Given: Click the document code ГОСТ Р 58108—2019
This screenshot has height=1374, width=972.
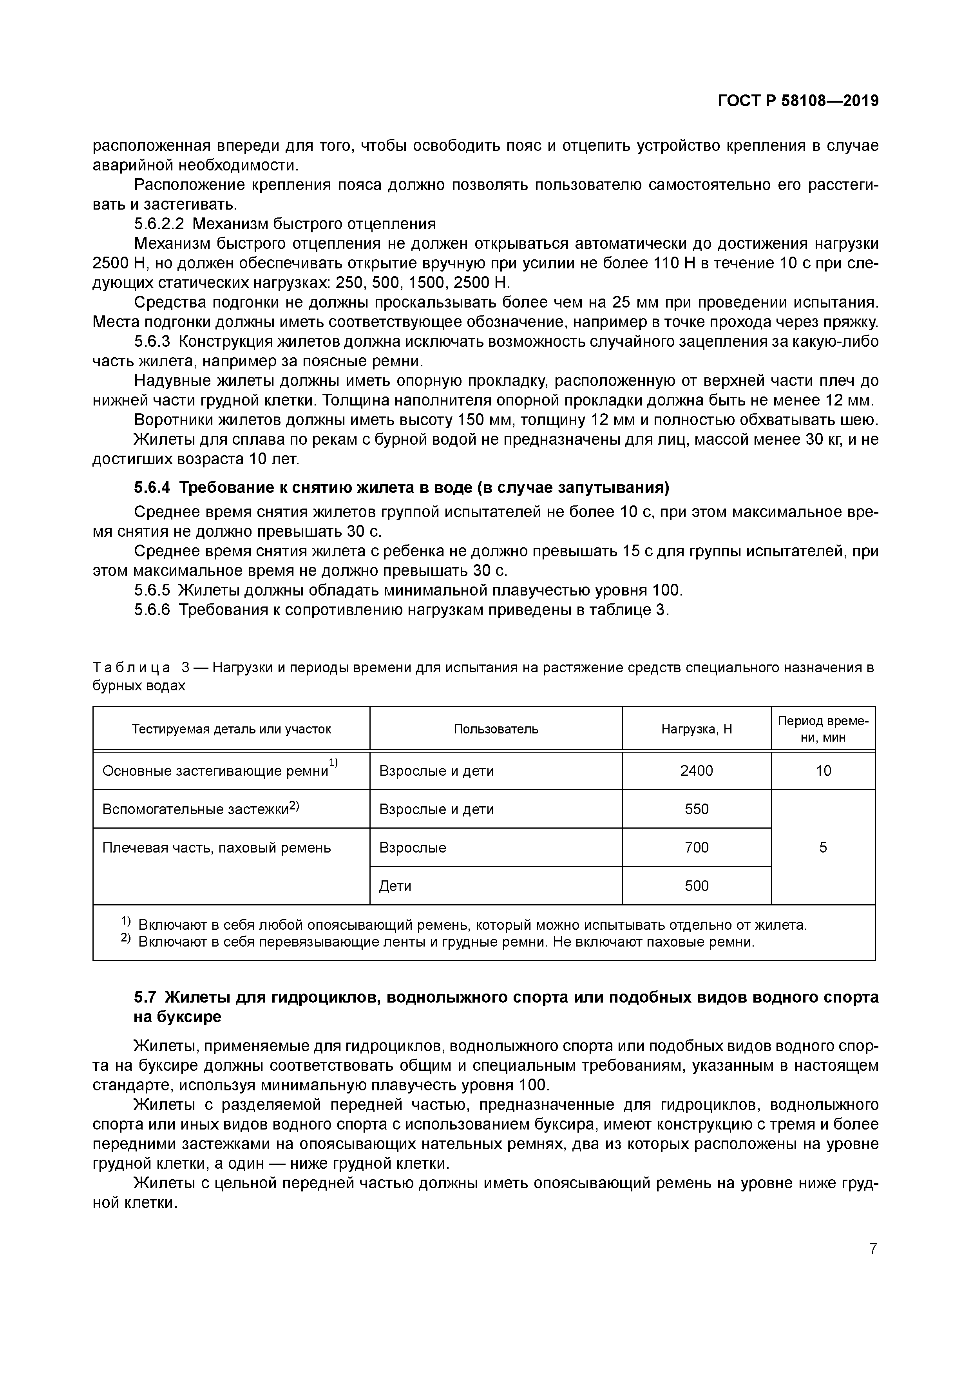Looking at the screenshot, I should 798,101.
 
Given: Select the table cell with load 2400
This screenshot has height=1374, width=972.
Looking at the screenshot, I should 696,771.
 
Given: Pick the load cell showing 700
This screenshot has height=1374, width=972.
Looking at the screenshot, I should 696,847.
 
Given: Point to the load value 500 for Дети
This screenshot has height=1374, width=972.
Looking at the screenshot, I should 696,886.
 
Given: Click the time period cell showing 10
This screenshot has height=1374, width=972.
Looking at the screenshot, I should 823,771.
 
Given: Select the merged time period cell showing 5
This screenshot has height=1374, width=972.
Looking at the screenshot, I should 823,847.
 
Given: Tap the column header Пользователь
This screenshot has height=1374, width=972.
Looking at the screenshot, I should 496,729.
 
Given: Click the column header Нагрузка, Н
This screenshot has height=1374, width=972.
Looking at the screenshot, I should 696,729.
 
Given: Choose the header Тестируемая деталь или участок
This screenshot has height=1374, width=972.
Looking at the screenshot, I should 231,729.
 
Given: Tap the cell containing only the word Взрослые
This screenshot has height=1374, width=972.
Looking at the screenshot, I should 413,847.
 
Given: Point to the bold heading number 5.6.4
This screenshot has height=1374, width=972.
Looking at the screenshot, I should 152,488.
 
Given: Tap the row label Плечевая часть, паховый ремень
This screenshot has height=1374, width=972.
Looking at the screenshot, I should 217,847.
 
